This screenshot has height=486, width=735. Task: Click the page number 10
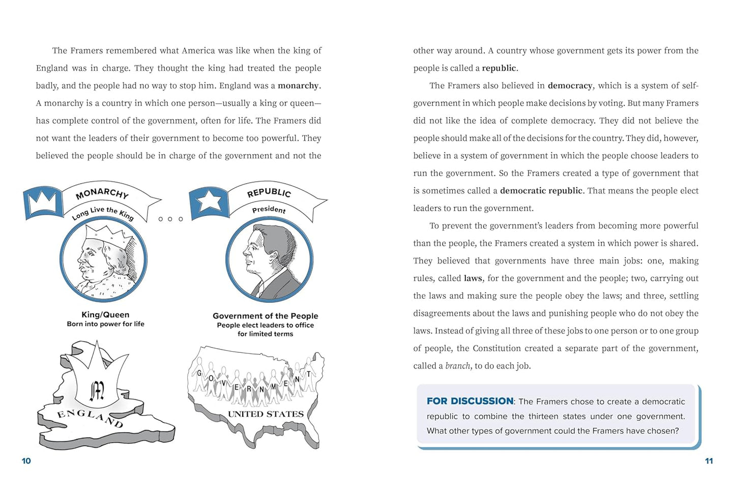[26, 461]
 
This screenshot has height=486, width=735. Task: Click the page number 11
[709, 461]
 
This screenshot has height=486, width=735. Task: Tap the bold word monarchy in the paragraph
[299, 86]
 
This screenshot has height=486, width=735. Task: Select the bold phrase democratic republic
[541, 191]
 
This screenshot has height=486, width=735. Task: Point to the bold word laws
[473, 278]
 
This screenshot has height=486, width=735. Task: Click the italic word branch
[457, 366]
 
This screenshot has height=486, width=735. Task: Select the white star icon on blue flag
[209, 201]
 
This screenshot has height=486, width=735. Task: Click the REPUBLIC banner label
[269, 192]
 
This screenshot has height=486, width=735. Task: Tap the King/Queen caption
[105, 315]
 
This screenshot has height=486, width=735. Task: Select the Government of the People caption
[265, 316]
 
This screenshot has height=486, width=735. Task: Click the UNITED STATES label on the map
[266, 414]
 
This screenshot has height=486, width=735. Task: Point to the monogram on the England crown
[97, 390]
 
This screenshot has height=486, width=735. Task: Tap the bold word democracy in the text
[570, 86]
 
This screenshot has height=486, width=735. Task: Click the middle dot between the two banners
[170, 219]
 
